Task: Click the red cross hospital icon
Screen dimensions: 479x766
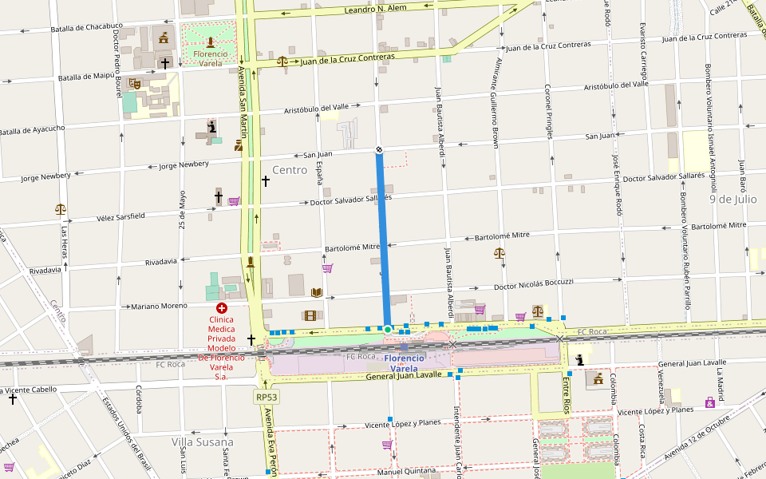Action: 221,307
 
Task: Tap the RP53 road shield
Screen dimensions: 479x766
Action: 267,397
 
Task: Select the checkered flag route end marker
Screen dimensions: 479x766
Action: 379,150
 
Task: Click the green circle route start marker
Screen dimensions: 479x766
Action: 387,329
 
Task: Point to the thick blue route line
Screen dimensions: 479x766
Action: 383,239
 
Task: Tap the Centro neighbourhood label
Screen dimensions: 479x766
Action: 289,170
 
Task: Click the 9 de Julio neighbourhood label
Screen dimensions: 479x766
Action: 732,199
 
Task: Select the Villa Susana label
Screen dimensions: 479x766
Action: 202,441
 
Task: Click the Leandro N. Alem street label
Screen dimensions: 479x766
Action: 375,9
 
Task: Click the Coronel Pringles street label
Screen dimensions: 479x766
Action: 549,112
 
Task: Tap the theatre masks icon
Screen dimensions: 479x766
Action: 135,82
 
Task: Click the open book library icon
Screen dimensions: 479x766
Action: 317,292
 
